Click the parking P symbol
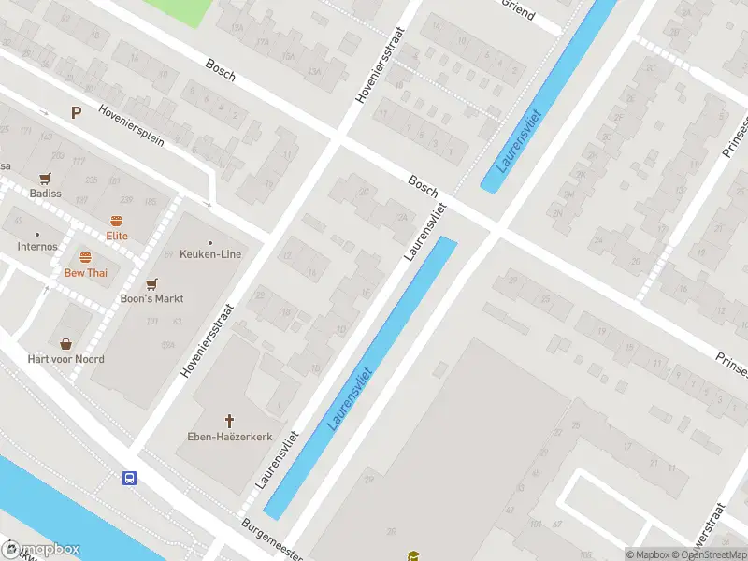coord(76,112)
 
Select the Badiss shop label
coord(44,194)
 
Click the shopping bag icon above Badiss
coord(44,179)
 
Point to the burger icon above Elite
coord(117,222)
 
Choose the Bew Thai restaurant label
coord(85,273)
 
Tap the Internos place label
coord(36,247)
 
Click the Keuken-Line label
coord(210,254)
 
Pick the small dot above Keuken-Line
coord(210,241)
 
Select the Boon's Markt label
coord(151,299)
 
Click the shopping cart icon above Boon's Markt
coord(151,283)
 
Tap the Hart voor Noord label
coord(65,359)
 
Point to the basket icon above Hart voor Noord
coord(65,344)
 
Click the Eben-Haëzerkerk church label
coord(229,437)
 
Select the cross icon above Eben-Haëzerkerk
coord(229,422)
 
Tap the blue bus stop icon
coord(129,479)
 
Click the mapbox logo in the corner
coord(41,550)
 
